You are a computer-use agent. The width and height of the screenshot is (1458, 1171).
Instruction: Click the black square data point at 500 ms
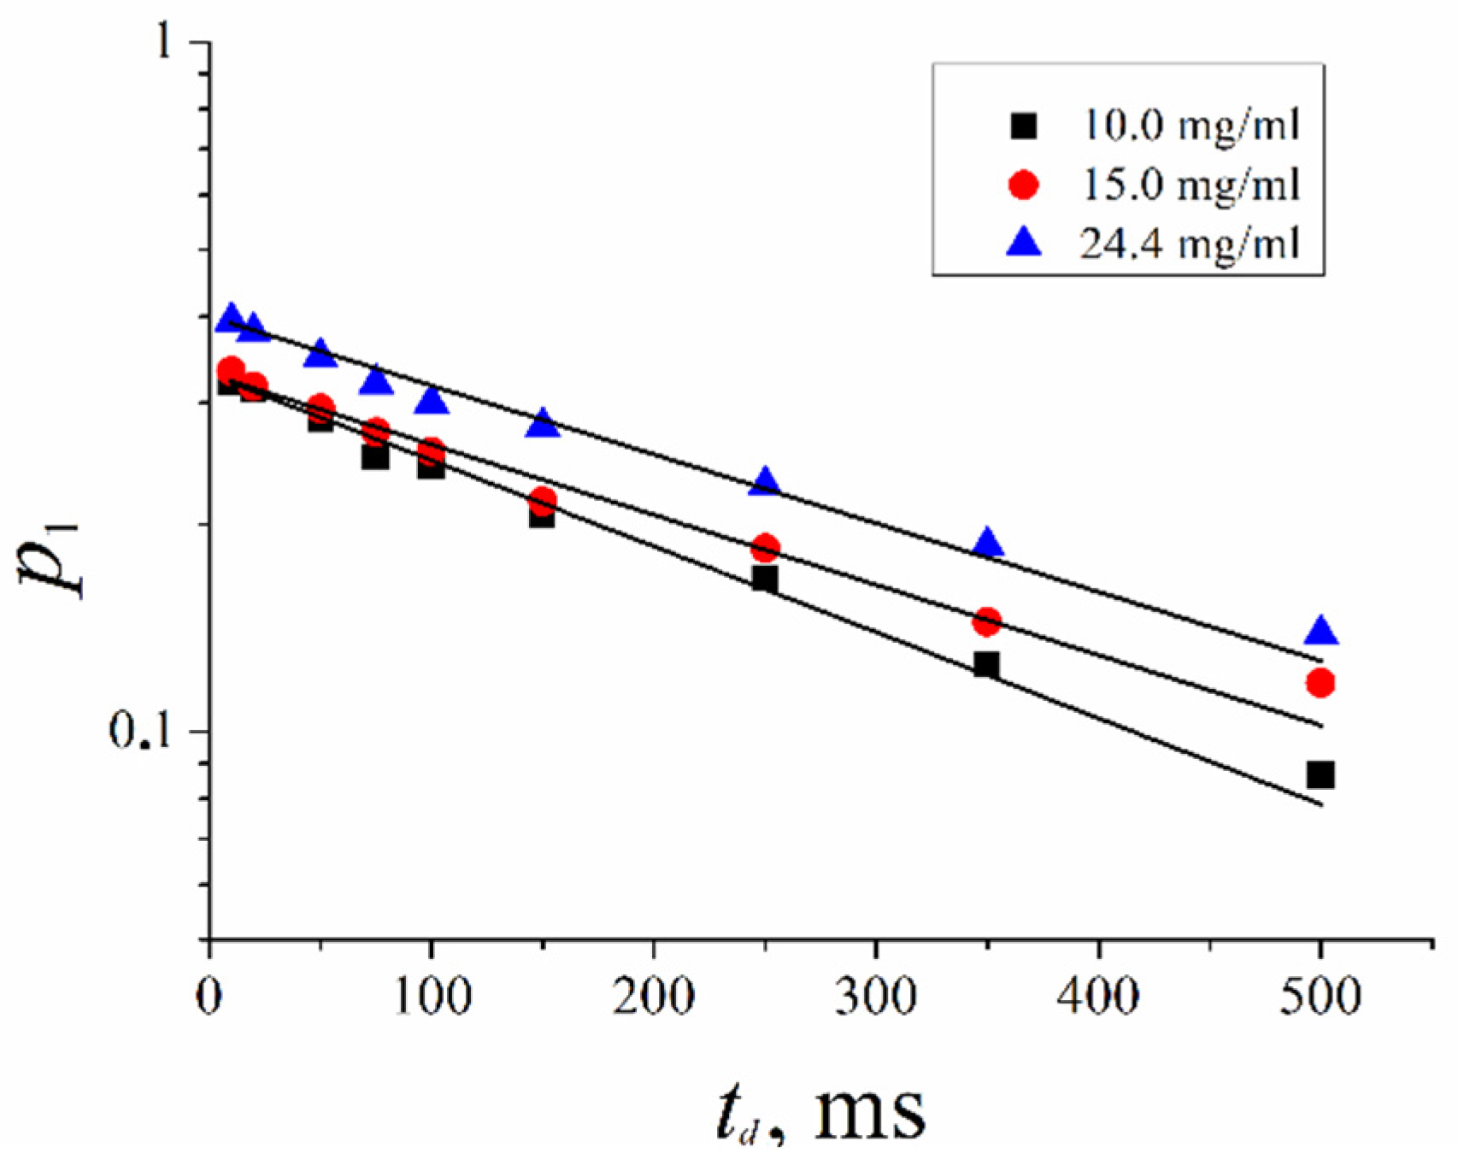coord(1320,774)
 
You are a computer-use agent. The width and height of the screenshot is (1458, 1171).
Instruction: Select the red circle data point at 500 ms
coord(1320,682)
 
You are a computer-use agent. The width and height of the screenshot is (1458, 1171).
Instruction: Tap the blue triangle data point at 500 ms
coord(1321,632)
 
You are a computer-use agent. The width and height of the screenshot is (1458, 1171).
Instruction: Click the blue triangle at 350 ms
coord(988,543)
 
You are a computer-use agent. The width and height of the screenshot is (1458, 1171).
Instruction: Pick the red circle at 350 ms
coord(987,621)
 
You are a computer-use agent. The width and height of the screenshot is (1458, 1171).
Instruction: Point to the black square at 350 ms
coord(986,664)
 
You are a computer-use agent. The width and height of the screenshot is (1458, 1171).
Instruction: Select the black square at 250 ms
coord(765,579)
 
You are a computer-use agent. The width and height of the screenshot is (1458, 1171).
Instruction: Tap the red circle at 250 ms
coord(766,547)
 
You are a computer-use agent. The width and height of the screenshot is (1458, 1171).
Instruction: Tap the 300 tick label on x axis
coord(875,997)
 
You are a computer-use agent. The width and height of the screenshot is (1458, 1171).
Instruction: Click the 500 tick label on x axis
coord(1320,997)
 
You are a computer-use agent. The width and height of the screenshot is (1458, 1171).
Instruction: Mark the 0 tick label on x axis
coord(209,997)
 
